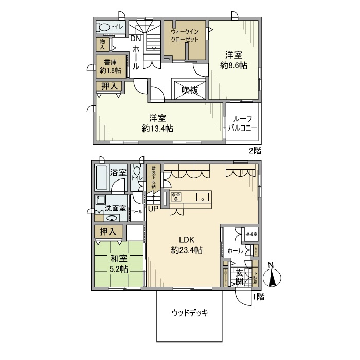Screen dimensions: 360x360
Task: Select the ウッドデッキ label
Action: (189, 313)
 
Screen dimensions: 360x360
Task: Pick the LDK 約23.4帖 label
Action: (186, 245)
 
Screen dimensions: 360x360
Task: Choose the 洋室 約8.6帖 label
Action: (233, 59)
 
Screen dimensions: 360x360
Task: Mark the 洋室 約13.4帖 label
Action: (157, 122)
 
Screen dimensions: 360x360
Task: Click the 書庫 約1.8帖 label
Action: (110, 66)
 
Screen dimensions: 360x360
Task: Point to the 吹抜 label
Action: (189, 89)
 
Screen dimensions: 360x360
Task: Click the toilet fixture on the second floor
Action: (104, 28)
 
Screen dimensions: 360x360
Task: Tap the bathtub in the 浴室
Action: (101, 182)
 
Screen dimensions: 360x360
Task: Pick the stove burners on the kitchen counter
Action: (177, 196)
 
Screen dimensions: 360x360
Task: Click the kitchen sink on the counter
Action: (203, 196)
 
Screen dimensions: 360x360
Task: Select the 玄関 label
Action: (240, 278)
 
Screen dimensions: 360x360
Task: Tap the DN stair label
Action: (135, 39)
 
